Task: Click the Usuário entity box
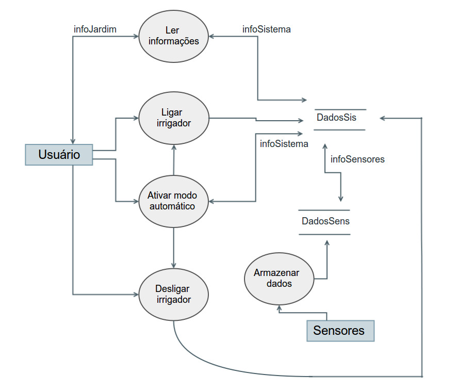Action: click(x=59, y=154)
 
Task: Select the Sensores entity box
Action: click(x=340, y=331)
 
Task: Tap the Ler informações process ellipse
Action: click(x=174, y=36)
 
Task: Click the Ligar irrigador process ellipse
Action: click(x=174, y=118)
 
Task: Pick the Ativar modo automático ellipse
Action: click(x=174, y=201)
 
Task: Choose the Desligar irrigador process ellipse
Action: click(x=174, y=295)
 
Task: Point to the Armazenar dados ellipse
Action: click(x=279, y=279)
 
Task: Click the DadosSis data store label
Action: click(x=336, y=118)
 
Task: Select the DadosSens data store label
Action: click(x=325, y=221)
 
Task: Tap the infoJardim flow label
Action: click(x=95, y=29)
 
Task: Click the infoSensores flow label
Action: click(x=357, y=159)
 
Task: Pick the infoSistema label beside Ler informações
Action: click(x=266, y=29)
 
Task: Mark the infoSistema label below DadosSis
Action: click(x=284, y=144)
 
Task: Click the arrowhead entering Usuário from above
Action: click(x=73, y=141)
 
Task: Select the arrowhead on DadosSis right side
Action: click(x=382, y=118)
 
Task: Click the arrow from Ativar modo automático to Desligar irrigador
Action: click(x=174, y=248)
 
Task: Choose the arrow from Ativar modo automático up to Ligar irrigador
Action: click(x=174, y=160)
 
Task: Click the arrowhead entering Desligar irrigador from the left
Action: click(x=136, y=295)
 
